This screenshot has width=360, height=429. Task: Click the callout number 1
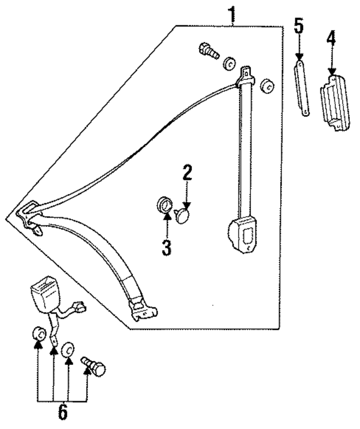tap(231, 14)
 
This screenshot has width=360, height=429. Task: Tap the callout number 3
tap(166, 247)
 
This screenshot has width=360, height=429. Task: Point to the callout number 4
tap(332, 41)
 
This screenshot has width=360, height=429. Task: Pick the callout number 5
tap(299, 27)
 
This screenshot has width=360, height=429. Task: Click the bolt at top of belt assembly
tap(209, 51)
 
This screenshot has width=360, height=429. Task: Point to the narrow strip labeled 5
tap(301, 89)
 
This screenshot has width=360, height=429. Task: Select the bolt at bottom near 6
tap(93, 368)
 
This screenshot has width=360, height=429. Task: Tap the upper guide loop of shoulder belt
tap(246, 77)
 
